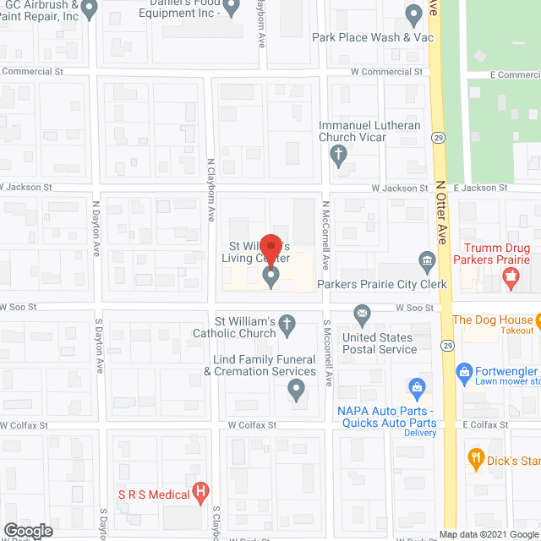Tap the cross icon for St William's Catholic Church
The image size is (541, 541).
[287, 324]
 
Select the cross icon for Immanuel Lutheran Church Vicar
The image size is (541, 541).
[338, 155]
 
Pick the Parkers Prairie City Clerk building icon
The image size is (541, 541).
[428, 260]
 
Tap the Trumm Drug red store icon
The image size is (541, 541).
[511, 277]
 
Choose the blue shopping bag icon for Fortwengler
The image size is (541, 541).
[463, 372]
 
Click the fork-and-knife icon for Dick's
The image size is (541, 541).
[475, 461]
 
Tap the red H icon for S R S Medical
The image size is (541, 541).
[200, 490]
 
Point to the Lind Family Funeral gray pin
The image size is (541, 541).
[296, 390]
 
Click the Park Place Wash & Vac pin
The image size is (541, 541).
[413, 14]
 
